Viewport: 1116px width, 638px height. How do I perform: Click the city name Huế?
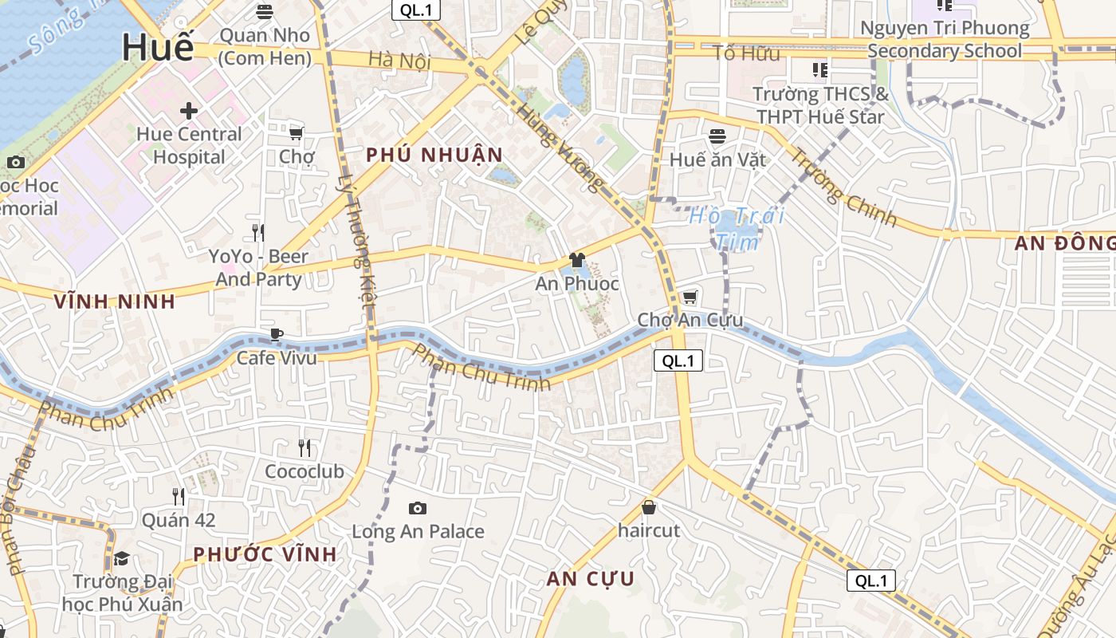(x=158, y=48)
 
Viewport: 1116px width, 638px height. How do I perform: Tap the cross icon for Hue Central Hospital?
(x=189, y=110)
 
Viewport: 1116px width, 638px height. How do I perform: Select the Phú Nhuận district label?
(x=434, y=155)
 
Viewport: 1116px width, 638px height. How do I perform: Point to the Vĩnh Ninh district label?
(x=114, y=301)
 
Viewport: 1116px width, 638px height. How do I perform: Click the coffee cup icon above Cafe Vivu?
(x=277, y=334)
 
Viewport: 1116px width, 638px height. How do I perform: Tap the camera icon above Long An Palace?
(x=417, y=508)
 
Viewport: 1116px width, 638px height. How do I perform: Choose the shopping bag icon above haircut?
(x=649, y=507)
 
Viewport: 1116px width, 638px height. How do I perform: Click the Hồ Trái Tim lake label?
(x=737, y=228)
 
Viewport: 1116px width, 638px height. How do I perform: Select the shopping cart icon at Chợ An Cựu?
(x=690, y=297)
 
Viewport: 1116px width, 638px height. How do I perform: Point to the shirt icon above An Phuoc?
(x=576, y=260)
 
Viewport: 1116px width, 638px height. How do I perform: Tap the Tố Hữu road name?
(x=747, y=53)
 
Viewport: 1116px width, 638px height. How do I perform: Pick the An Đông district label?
(x=1065, y=244)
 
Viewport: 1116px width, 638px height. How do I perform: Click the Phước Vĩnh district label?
(x=265, y=554)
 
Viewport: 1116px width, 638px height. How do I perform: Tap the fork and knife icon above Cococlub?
(x=305, y=447)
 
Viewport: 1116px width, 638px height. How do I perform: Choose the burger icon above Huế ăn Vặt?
(x=717, y=136)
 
